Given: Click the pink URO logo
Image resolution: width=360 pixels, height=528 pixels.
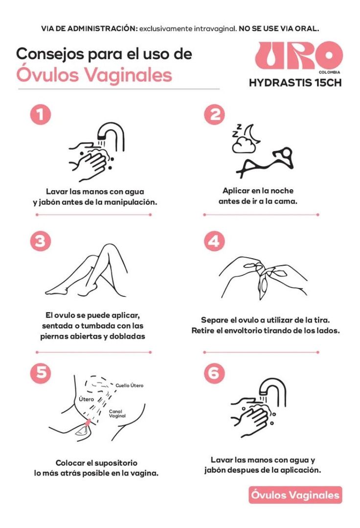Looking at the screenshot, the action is point(298,56).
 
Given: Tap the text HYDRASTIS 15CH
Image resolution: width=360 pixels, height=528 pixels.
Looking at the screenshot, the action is point(295,83).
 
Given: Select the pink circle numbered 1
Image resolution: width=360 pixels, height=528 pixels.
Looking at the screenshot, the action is point(41,115).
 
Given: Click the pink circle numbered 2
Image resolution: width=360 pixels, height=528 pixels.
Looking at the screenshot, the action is point(215,115).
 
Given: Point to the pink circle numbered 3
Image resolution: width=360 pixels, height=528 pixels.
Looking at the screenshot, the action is point(41,242).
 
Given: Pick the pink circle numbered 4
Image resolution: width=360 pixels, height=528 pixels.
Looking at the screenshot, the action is point(215,242).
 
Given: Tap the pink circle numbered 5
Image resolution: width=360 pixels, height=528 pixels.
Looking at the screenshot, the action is point(41,373).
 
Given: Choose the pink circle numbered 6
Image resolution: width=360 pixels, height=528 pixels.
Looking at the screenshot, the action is point(215,373).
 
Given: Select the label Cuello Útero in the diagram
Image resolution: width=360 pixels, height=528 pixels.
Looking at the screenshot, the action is point(129,385).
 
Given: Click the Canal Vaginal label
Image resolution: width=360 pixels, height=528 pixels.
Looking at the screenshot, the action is point(117,414).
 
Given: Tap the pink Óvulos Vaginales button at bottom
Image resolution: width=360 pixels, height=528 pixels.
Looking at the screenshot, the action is point(295,495).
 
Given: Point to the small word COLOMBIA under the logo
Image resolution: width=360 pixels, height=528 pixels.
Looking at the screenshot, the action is point(329,72).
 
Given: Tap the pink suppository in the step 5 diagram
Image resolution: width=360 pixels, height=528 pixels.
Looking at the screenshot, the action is point(88,421).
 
